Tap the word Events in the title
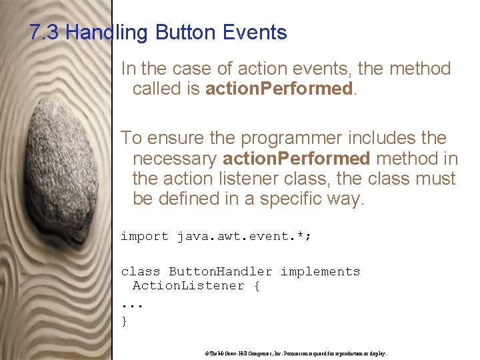click(255, 33)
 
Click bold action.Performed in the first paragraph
click(278, 89)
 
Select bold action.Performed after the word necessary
click(296, 159)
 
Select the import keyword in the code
click(145, 236)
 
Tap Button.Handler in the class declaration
click(220, 271)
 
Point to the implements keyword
click(320, 271)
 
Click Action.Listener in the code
click(189, 285)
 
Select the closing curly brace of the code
click(124, 321)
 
